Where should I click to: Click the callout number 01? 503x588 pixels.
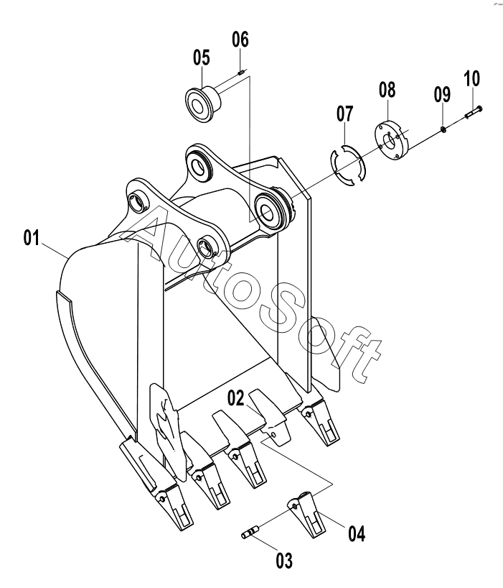click(x=31, y=238)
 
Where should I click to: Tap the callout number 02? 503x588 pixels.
click(x=236, y=398)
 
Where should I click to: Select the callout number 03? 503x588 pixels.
click(x=284, y=561)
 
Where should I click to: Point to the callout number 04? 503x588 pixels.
click(x=357, y=533)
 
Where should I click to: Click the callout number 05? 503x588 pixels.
click(x=202, y=58)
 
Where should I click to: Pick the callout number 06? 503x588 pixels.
click(x=240, y=39)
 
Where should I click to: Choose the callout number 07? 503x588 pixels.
click(x=344, y=114)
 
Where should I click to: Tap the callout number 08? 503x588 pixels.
click(x=387, y=90)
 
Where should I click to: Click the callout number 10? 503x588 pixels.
click(x=472, y=78)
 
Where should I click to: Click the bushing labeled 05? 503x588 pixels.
click(x=204, y=101)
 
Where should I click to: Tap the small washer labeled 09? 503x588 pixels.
click(x=443, y=129)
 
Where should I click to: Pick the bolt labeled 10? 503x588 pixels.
click(x=474, y=112)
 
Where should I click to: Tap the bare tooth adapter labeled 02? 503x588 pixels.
click(x=271, y=416)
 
